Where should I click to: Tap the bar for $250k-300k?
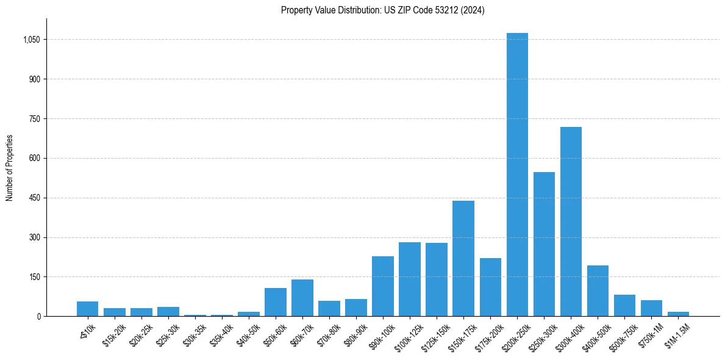[544, 244]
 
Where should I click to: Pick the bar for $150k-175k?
[463, 259]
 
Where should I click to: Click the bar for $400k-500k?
[598, 291]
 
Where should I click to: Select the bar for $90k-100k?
[383, 286]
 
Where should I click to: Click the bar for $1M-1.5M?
[678, 314]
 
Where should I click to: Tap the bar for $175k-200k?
[490, 287]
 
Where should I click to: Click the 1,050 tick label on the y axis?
[32, 40]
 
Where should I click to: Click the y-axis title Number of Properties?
[10, 168]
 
